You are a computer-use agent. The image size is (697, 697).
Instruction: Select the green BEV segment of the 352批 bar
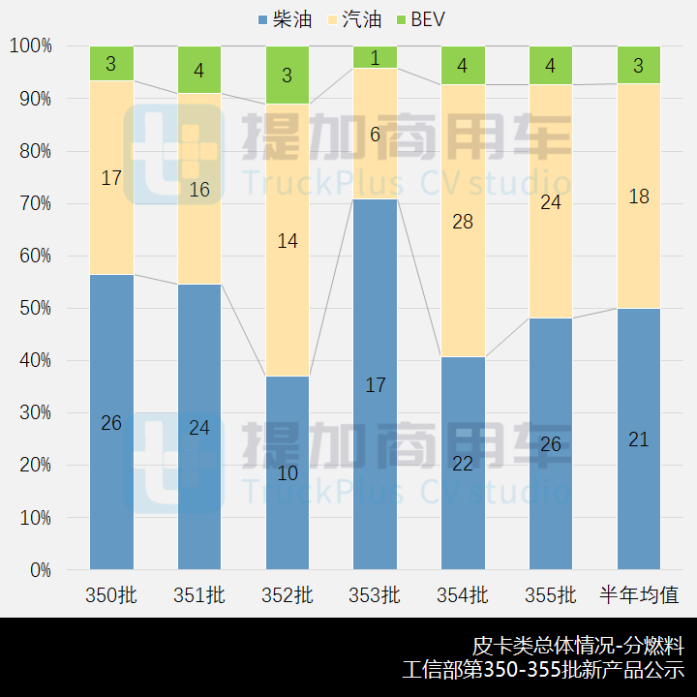coord(288,75)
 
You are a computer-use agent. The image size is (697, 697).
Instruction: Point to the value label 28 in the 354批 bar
coord(463,222)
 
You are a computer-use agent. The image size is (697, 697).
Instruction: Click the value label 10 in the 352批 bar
coord(288,473)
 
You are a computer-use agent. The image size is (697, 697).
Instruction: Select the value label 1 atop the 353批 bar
coord(376,58)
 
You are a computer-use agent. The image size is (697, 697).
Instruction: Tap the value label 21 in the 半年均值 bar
coord(639,439)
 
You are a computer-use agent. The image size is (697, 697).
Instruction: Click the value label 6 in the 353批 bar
coord(376,135)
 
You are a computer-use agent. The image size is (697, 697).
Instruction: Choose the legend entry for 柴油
coord(286,19)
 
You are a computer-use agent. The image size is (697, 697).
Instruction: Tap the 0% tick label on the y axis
coord(40,570)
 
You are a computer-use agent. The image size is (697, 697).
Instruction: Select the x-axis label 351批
coord(199,595)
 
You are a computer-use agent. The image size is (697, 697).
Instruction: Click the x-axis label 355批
coord(551,595)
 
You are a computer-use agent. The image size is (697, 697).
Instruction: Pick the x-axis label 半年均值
coord(639,595)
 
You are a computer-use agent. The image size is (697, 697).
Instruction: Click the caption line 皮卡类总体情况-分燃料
coord(578,646)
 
